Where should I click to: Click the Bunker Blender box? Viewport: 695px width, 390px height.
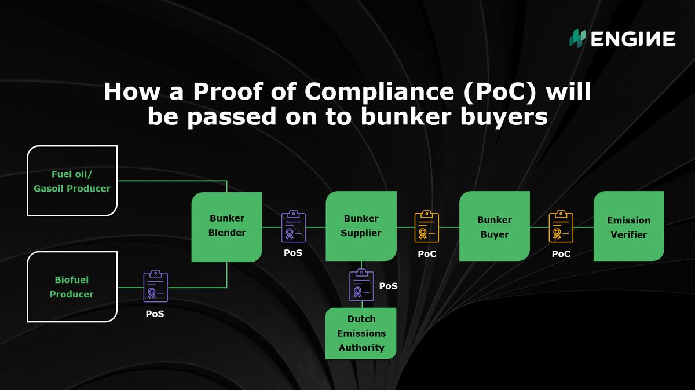click(227, 226)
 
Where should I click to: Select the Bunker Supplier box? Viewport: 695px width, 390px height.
click(361, 226)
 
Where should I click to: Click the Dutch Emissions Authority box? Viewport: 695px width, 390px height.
click(361, 333)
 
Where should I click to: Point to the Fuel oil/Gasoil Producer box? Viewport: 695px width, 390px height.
click(72, 181)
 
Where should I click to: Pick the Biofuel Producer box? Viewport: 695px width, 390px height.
click(72, 287)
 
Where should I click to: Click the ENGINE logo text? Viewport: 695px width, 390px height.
click(633, 39)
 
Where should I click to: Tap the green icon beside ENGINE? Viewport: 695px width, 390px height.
click(577, 39)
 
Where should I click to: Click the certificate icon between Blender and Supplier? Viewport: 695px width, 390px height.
click(294, 226)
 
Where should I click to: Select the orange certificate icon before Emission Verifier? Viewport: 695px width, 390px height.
click(561, 226)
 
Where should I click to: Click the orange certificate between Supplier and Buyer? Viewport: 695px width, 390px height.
click(427, 226)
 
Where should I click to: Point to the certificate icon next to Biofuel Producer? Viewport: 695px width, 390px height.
click(156, 287)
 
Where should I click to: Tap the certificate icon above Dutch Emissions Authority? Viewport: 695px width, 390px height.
click(361, 285)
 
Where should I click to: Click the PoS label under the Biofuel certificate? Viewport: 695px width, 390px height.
click(155, 314)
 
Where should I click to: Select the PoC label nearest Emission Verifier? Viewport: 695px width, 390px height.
click(561, 253)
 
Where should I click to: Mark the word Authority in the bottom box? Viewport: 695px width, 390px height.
click(361, 348)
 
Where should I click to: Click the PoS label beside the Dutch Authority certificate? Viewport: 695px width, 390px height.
click(388, 286)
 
